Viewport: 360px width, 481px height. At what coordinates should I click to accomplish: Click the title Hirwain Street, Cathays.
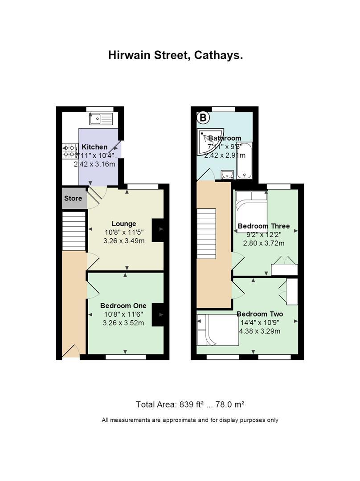click(x=176, y=55)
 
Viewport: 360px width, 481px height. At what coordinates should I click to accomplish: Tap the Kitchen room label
click(x=94, y=147)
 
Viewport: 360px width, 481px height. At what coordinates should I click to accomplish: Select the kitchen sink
click(x=101, y=118)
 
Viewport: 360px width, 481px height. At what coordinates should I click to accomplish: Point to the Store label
click(x=73, y=199)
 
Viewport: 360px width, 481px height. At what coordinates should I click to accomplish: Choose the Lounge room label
click(x=124, y=224)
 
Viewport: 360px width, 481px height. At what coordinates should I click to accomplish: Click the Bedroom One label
click(x=123, y=306)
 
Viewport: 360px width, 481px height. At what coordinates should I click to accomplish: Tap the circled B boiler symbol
click(x=203, y=118)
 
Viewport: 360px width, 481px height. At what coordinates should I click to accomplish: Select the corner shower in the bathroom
click(x=211, y=142)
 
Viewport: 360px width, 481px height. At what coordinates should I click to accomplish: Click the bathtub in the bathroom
click(x=245, y=160)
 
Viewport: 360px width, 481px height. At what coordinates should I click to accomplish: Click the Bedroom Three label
click(x=264, y=226)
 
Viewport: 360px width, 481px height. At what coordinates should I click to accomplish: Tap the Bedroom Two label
click(x=260, y=314)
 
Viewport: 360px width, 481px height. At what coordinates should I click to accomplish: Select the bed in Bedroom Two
click(x=217, y=330)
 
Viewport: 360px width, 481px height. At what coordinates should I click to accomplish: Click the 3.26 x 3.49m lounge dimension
click(x=124, y=241)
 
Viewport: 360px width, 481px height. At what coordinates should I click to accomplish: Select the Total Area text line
click(x=190, y=404)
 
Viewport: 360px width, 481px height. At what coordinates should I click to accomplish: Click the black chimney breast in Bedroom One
click(x=158, y=314)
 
